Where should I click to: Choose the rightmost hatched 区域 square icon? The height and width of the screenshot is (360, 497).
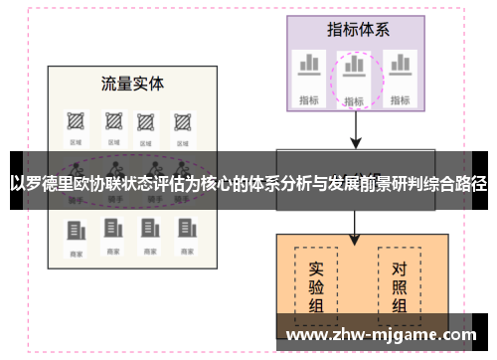click(182, 120)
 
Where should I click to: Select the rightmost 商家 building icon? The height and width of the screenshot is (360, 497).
click(183, 231)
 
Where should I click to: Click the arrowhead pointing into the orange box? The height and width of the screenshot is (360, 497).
click(355, 239)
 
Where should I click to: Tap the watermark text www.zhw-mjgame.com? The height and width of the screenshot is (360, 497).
click(381, 336)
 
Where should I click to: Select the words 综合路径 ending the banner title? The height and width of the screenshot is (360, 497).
click(455, 184)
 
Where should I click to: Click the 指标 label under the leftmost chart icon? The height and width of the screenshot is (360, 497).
click(309, 99)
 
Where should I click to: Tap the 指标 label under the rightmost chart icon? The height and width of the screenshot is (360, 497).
click(400, 99)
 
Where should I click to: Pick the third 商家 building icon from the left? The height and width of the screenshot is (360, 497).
click(147, 231)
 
